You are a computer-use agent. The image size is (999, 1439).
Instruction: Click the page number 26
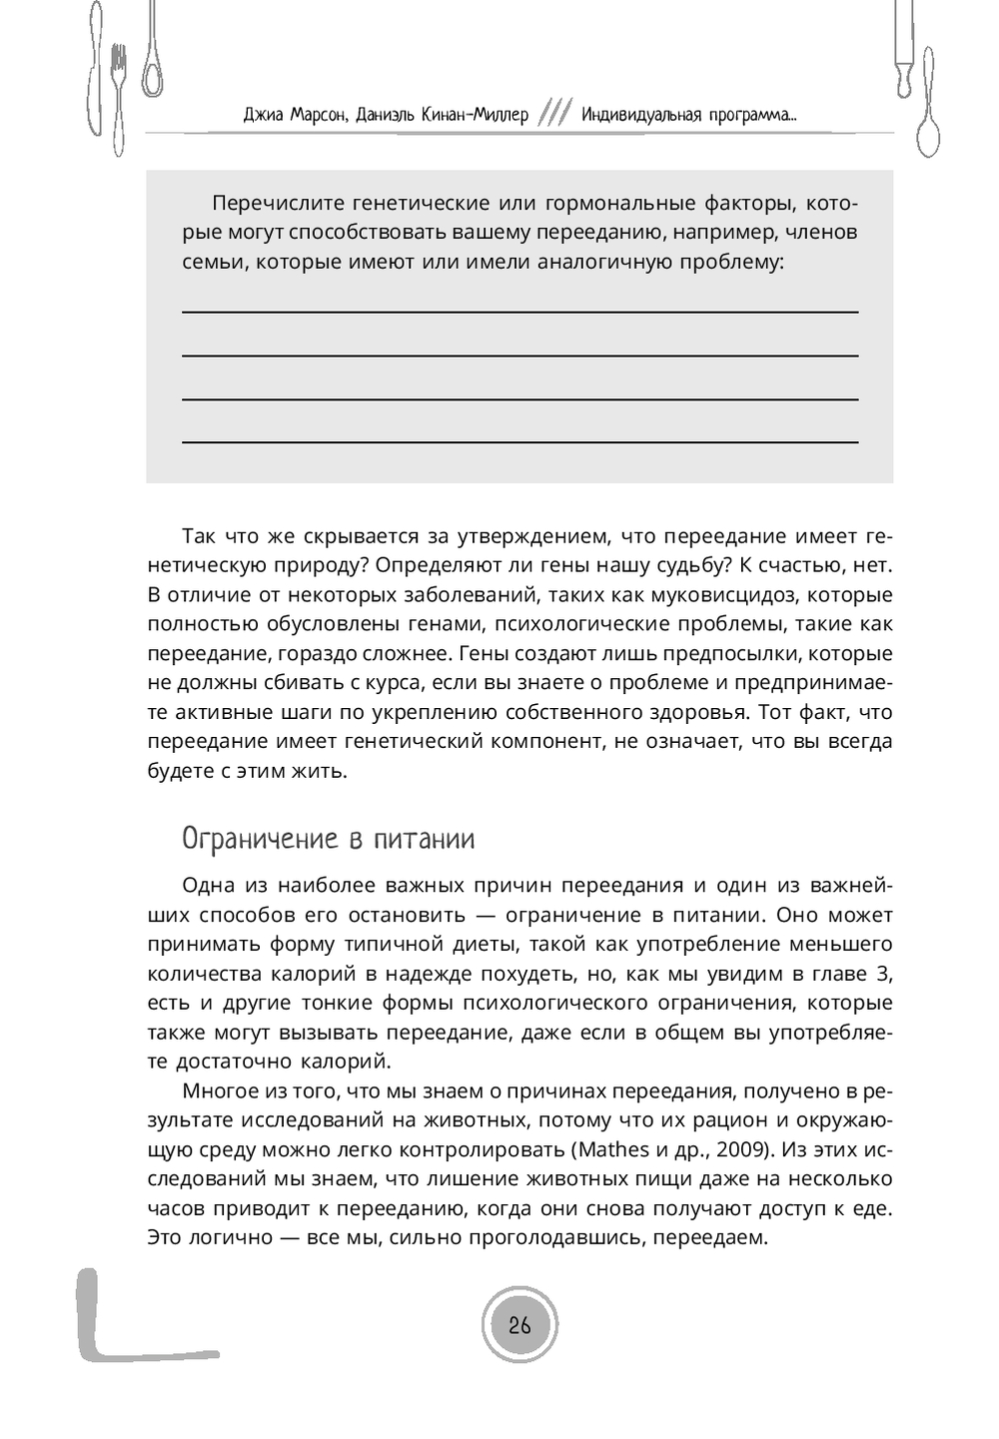(x=519, y=1326)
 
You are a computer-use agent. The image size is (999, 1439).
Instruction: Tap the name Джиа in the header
(x=264, y=115)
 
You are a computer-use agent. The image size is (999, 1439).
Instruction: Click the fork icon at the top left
(x=120, y=95)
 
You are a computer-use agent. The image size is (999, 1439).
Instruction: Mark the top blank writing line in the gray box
(x=519, y=312)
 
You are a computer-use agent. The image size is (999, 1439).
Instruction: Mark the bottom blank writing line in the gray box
(x=519, y=440)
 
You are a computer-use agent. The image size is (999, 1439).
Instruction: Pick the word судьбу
(x=689, y=566)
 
